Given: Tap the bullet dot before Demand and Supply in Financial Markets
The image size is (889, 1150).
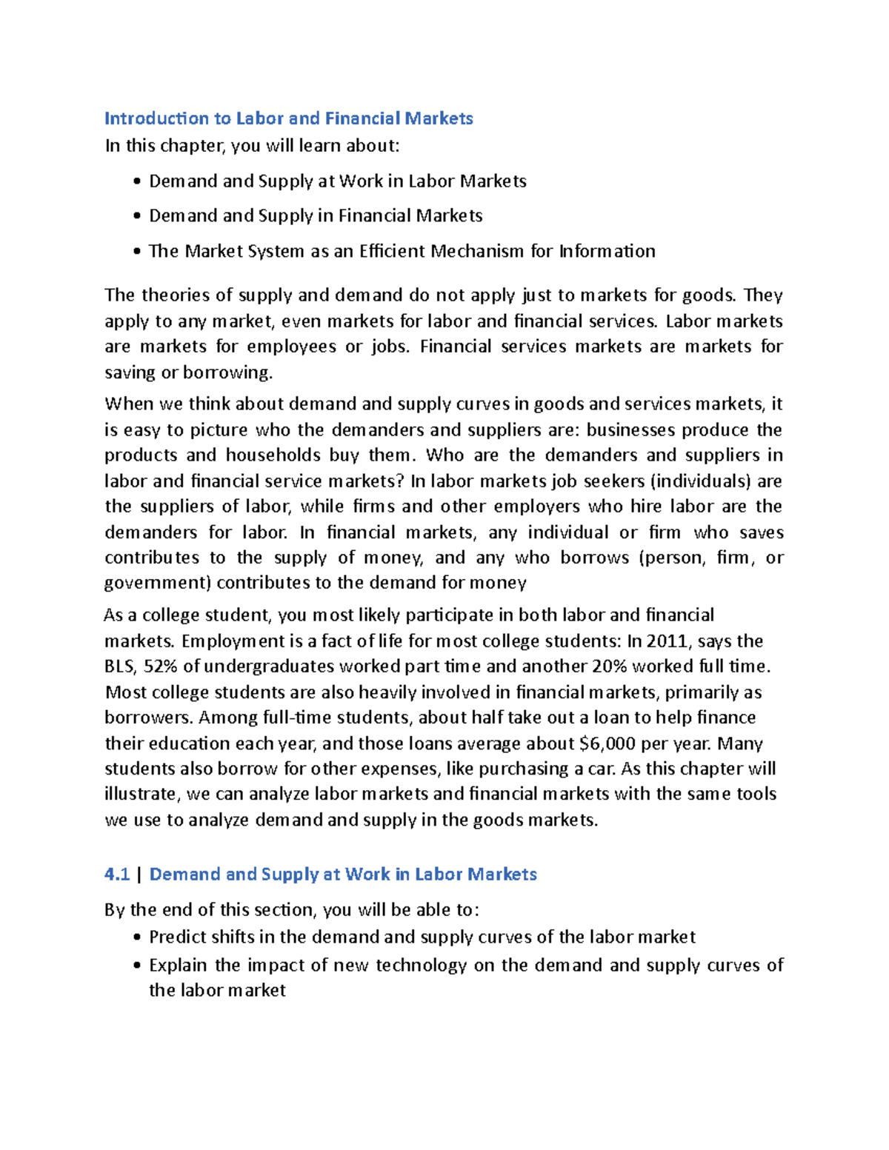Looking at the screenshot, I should (x=137, y=216).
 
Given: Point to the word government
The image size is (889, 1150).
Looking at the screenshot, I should (x=157, y=583).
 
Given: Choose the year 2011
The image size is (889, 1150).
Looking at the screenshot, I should (x=670, y=641).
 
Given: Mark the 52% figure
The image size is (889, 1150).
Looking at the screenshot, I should (x=161, y=666).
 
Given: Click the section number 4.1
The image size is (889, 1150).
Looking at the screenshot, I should (x=117, y=875).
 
